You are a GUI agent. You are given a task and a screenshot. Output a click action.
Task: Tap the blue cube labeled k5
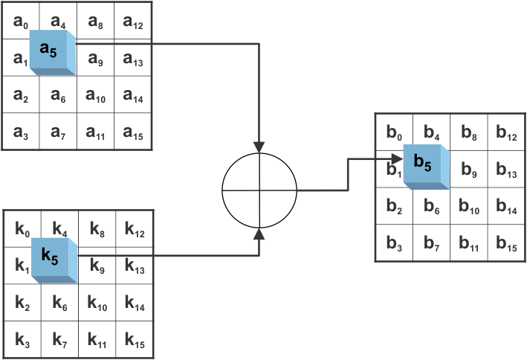click(x=54, y=259)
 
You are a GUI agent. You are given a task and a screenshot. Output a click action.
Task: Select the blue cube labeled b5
click(x=425, y=166)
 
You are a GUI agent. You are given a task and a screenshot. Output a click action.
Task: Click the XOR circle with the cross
click(x=259, y=190)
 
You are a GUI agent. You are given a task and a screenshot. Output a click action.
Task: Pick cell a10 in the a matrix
click(x=96, y=95)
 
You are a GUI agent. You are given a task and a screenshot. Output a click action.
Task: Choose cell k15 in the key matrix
click(x=135, y=341)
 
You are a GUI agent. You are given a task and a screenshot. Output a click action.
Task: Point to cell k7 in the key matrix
click(x=60, y=341)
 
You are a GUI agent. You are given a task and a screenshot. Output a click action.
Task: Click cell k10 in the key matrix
click(x=98, y=303)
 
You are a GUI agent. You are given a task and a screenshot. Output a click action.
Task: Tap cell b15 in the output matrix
click(x=506, y=243)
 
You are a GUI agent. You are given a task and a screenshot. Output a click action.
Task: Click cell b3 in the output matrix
click(x=395, y=243)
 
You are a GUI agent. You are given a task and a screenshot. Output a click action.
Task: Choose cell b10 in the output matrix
click(x=469, y=207)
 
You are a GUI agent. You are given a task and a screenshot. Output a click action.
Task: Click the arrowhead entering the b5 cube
click(x=399, y=158)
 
